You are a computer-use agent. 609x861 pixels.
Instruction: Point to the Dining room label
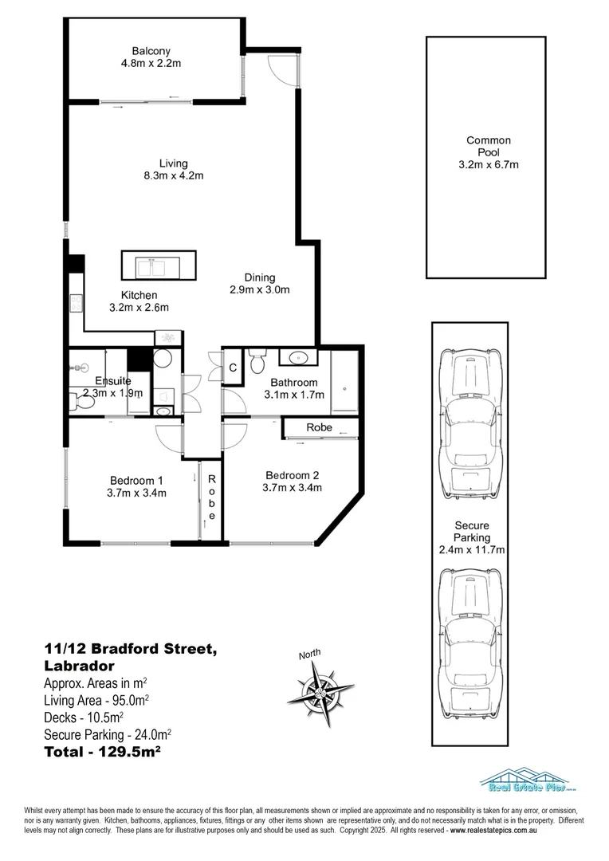(x=260, y=277)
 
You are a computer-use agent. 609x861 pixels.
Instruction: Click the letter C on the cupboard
(x=233, y=368)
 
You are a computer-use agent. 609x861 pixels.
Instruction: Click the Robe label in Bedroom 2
(x=319, y=428)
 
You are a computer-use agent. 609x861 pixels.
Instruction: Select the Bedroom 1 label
(x=137, y=480)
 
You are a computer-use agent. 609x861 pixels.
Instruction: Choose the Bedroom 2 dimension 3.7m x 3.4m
(x=293, y=488)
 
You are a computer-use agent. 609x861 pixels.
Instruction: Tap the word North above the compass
(x=310, y=655)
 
